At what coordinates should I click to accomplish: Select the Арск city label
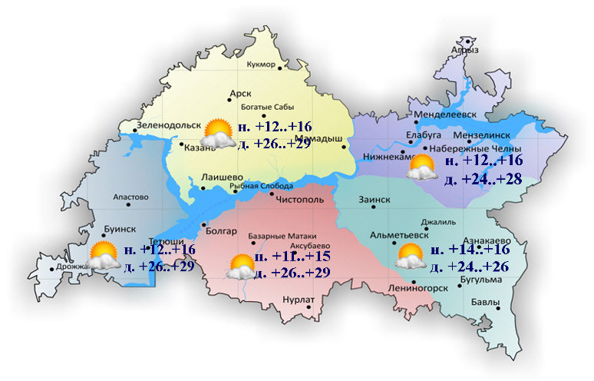coord(240,94)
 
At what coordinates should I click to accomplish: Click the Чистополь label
coord(304,199)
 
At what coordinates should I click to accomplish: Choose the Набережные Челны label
coord(475,148)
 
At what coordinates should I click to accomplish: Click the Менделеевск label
coord(445,116)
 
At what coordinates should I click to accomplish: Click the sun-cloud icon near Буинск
coord(104,255)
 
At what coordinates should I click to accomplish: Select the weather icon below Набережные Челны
coord(421,167)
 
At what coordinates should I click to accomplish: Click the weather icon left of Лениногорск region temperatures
coord(410,256)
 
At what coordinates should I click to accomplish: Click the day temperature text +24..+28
coord(482,180)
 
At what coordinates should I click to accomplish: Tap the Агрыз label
coord(466,49)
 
